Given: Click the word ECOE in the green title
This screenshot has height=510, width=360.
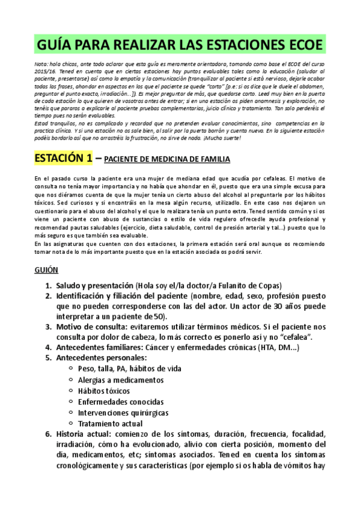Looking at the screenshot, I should click(x=299, y=45).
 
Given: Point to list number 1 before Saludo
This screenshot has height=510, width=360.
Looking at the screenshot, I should click(x=48, y=285).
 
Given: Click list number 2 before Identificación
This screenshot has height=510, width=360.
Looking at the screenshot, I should click(x=48, y=296).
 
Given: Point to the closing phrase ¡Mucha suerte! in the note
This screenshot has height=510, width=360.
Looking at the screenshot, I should click(x=222, y=138).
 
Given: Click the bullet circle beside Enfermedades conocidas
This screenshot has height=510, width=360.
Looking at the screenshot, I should click(x=72, y=402).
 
